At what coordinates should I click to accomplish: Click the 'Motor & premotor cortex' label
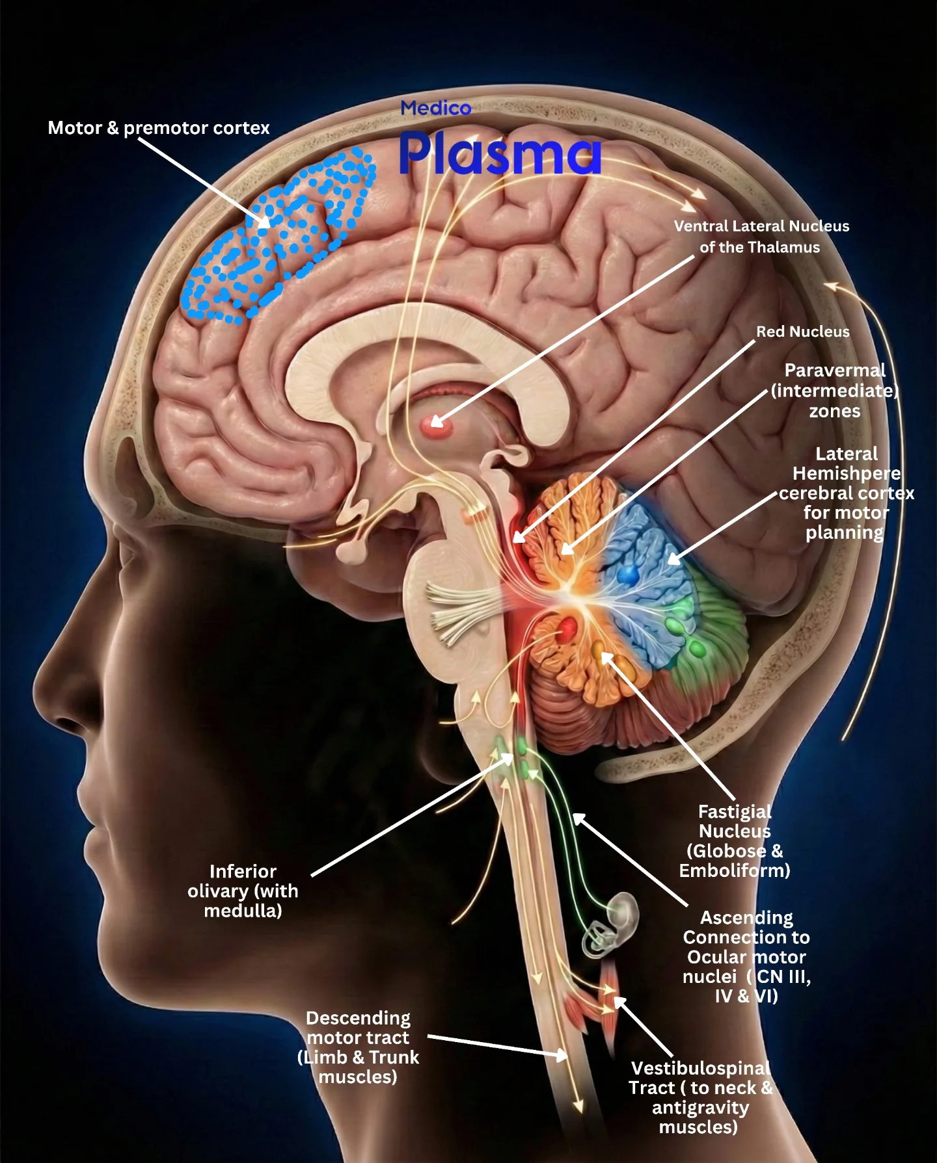(159, 128)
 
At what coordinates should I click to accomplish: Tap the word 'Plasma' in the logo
(500, 153)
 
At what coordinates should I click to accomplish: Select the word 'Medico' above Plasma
(436, 108)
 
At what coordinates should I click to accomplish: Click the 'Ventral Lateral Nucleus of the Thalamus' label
(761, 237)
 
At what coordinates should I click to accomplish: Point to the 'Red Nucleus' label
(803, 332)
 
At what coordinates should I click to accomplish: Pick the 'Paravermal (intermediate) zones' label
(835, 391)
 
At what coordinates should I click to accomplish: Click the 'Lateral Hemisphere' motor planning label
(847, 493)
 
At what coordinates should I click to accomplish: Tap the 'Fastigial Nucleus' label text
(735, 841)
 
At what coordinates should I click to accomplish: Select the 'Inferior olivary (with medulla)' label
(243, 891)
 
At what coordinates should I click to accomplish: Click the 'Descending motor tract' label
(358, 1047)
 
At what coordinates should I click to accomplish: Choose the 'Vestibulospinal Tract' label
(700, 1097)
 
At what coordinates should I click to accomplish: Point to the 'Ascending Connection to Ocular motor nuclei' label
(747, 957)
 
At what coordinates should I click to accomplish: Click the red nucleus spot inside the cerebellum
(567, 629)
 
